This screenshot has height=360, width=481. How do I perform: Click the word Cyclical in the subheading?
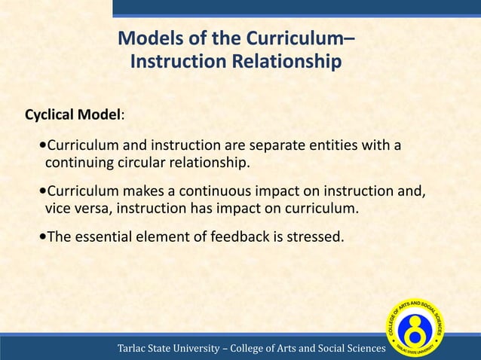50,116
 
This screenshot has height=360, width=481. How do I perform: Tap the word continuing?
78,163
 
